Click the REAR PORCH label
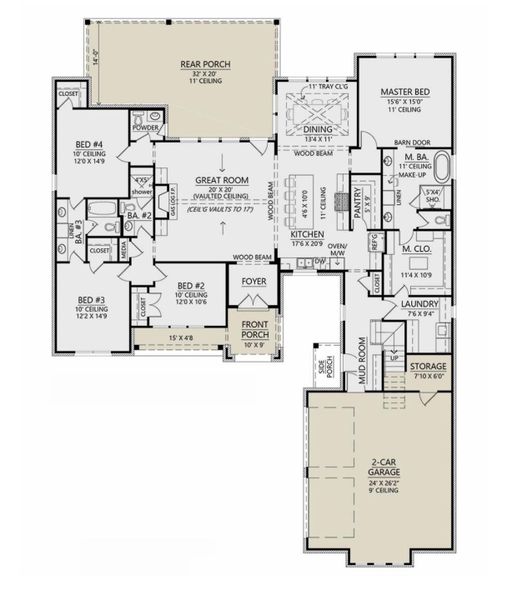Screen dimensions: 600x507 click(x=205, y=65)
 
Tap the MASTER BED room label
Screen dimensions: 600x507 click(x=404, y=90)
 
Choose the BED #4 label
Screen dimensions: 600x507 click(x=87, y=145)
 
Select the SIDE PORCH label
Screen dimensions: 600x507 click(x=323, y=367)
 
